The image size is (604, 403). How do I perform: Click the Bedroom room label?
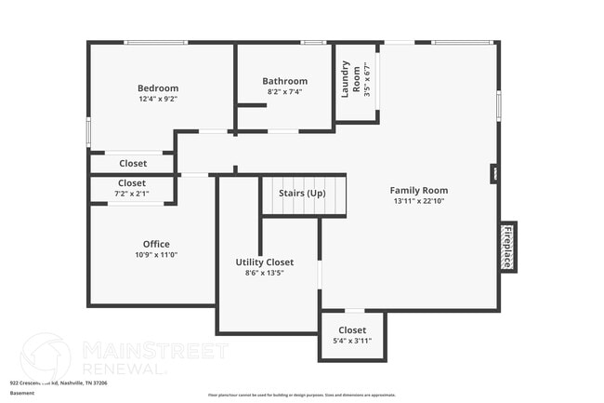(x=158, y=88)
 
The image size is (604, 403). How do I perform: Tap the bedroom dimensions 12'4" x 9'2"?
(x=158, y=99)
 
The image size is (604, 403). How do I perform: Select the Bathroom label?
(x=284, y=81)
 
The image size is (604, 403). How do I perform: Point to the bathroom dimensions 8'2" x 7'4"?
(x=284, y=92)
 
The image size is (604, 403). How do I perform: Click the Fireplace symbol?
(x=508, y=247)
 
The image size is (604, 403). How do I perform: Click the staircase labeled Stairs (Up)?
(x=303, y=194)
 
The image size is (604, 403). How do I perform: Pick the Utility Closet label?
(x=265, y=262)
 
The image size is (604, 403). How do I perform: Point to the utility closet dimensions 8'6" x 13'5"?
(x=265, y=274)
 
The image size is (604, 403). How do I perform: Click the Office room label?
(x=156, y=244)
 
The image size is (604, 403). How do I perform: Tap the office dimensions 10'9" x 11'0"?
(x=156, y=255)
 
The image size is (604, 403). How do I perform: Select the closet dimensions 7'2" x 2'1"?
(x=131, y=195)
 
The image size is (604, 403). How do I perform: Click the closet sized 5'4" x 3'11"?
(x=351, y=335)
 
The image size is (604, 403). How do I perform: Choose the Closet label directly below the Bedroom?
(x=132, y=164)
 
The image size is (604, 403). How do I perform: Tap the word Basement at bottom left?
(x=22, y=393)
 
